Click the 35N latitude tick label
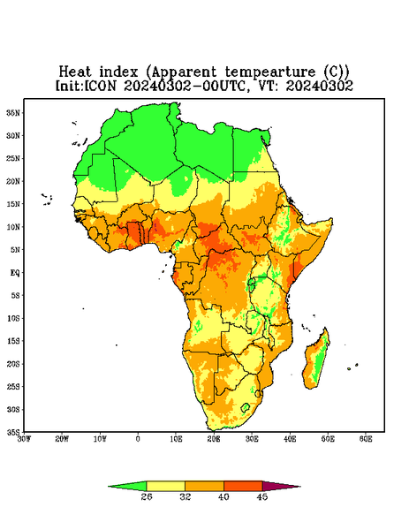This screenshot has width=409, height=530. [x=13, y=112]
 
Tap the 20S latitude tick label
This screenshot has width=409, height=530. [x=13, y=364]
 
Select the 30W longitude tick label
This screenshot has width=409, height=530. [x=24, y=439]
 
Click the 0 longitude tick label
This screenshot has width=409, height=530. [x=138, y=439]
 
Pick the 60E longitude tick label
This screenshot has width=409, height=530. [x=366, y=439]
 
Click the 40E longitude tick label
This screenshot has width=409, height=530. [x=290, y=439]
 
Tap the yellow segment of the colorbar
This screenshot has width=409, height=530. [x=165, y=486]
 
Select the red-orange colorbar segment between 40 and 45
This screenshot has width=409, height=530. [x=243, y=486]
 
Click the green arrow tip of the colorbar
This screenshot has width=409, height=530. [x=109, y=487]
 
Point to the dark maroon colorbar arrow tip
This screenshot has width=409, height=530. [x=299, y=487]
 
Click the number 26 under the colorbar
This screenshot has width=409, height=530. [x=147, y=496]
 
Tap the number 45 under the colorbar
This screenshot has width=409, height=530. [x=262, y=496]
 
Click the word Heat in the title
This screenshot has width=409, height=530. [x=75, y=72]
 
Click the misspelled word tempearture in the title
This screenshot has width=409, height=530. [x=270, y=72]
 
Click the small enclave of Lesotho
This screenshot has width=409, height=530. [x=246, y=407]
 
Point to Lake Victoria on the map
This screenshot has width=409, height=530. [x=252, y=281]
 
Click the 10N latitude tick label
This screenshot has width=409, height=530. [x=13, y=227]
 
